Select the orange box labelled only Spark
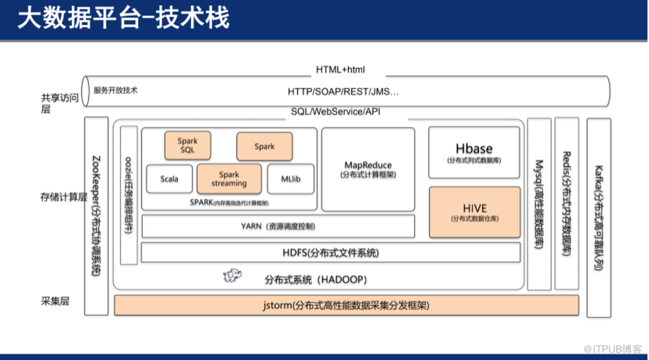[x=264, y=146]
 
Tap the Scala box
[x=169, y=179]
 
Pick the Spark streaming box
[x=229, y=179]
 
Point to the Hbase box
[x=474, y=152]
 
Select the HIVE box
[x=474, y=212]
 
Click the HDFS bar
[x=330, y=253]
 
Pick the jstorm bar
[x=346, y=305]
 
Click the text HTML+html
[x=340, y=70]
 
